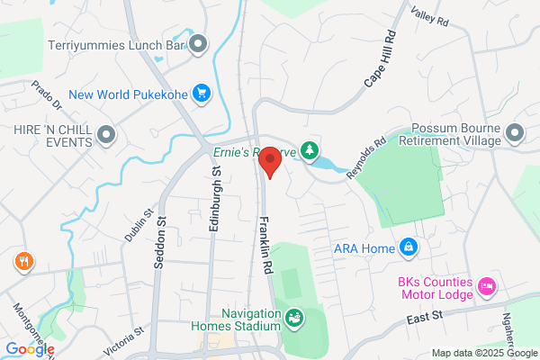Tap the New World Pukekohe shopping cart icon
pos(202,92)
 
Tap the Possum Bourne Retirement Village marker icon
pos(515,135)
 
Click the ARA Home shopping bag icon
pos(409,246)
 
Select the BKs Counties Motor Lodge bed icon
pos(487,286)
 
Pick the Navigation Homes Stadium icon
pos(294,317)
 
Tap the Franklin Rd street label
pos(265,243)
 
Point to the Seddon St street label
pos(162,233)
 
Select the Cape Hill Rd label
pos(380,60)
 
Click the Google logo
pos(30,349)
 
